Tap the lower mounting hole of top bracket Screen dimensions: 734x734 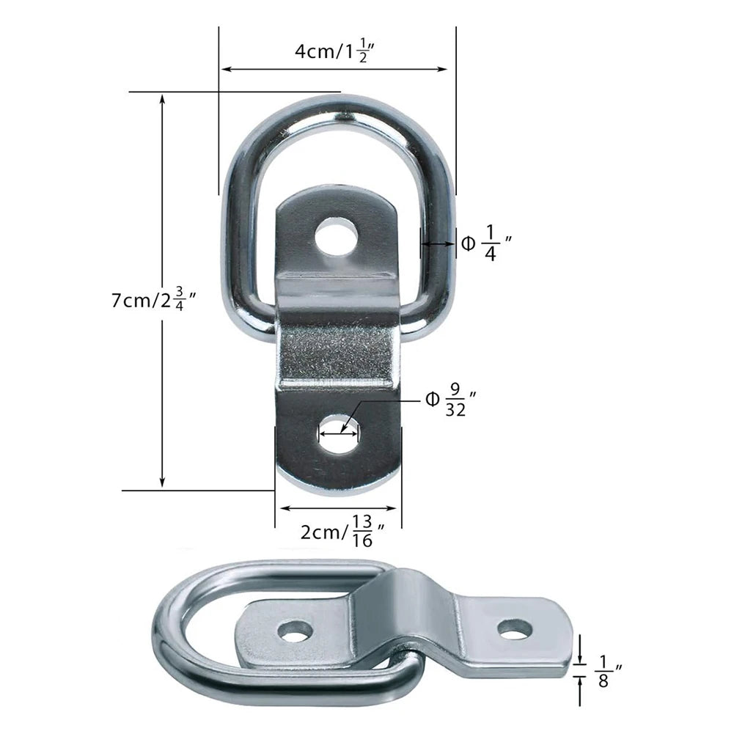point(338,434)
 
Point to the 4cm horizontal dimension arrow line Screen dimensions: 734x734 point(334,70)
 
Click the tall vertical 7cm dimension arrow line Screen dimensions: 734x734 point(162,293)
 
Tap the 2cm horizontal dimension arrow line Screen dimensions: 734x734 point(338,507)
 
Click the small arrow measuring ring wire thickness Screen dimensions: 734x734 point(437,245)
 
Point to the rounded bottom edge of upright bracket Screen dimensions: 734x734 point(337,488)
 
